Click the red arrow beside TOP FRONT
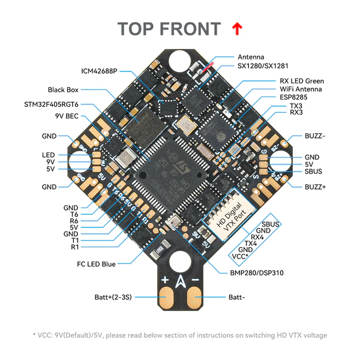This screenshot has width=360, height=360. (237, 28)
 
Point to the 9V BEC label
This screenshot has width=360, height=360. (67, 116)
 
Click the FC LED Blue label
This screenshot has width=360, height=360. (96, 263)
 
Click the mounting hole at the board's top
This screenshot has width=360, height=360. (180, 61)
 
